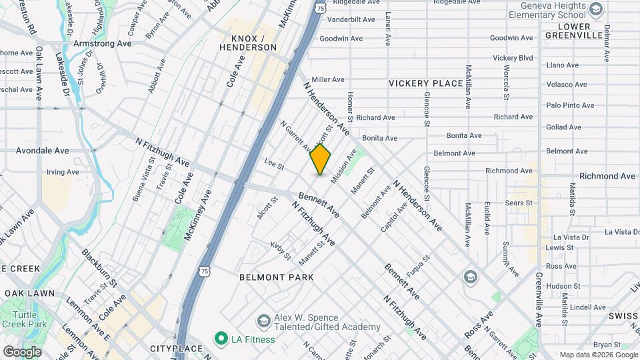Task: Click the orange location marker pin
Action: pos(320,159)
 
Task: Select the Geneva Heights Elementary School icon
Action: pos(596,9)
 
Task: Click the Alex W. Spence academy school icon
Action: pos(263,321)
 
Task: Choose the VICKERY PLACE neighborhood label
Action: pos(426,83)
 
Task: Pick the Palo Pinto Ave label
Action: pos(570,105)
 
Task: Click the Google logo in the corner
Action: pos(22,351)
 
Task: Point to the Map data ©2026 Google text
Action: pos(598,355)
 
